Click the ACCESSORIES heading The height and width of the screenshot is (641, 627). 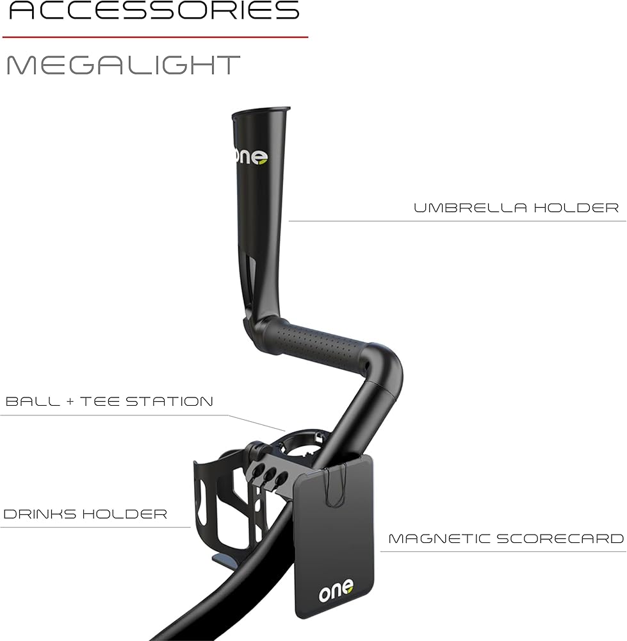pyautogui.click(x=154, y=10)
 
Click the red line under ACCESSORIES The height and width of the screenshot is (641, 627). pyautogui.click(x=155, y=37)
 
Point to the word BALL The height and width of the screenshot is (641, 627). pyautogui.click(x=33, y=401)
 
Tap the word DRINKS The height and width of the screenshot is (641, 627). pyautogui.click(x=39, y=514)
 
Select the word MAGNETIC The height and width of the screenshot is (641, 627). pyautogui.click(x=439, y=538)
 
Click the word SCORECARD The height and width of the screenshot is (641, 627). pyautogui.click(x=560, y=538)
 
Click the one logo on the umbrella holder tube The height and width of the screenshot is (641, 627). pyautogui.click(x=251, y=157)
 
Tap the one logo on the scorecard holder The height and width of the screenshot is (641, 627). pyautogui.click(x=336, y=590)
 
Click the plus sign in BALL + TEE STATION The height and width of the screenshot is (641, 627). pyautogui.click(x=70, y=401)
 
